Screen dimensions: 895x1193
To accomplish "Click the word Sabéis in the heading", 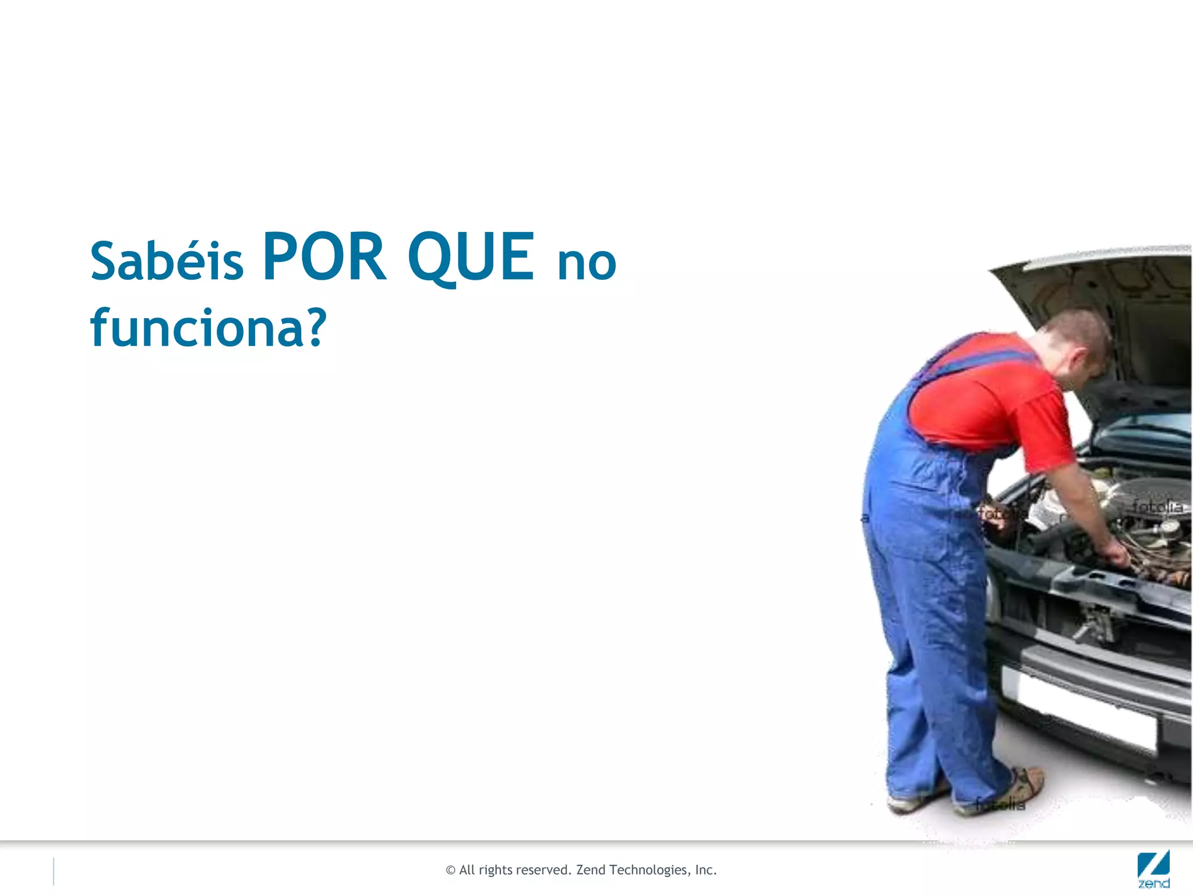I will point(167,260).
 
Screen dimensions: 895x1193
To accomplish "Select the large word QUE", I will point(471,258).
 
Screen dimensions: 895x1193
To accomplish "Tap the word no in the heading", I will point(587,263).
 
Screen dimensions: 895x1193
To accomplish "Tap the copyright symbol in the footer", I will point(450,871).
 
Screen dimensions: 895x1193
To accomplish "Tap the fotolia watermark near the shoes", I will point(1001,805).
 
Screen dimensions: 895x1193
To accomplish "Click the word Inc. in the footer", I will point(705,870).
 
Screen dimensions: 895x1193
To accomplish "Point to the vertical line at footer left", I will point(54,872).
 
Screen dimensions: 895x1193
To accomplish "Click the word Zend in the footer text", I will point(591,870).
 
